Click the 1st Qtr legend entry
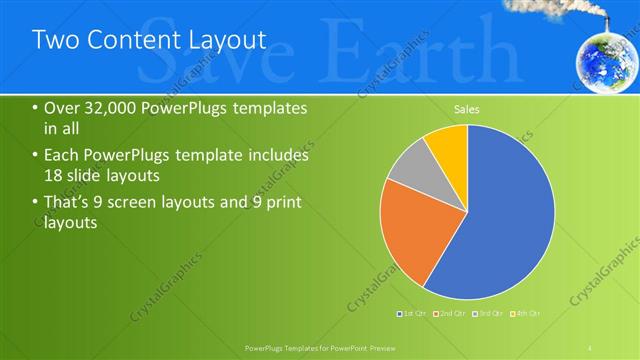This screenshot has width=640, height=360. pos(412,315)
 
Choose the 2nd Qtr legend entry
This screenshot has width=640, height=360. pos(451,315)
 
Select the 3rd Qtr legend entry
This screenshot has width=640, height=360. pos(489,315)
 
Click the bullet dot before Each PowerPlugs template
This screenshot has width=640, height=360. pos(36,156)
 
